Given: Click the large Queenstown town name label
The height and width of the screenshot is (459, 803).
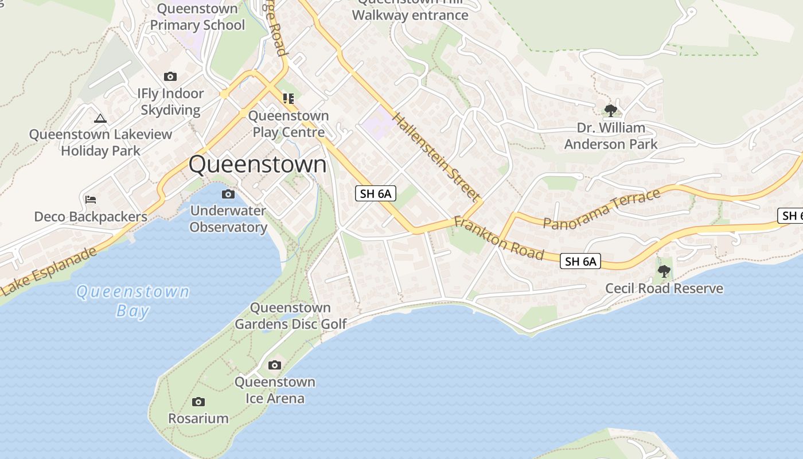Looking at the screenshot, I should tap(258, 165).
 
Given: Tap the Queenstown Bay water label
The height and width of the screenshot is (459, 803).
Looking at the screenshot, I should tap(132, 301).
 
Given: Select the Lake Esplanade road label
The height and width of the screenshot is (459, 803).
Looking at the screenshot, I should tap(48, 272).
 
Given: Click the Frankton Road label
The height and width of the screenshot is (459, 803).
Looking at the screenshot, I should tap(498, 238).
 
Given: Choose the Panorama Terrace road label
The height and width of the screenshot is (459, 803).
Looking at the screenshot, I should tap(602, 209).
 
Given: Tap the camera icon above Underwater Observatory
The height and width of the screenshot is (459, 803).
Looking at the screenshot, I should tap(228, 194).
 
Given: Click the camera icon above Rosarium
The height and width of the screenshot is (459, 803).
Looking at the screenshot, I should tap(198, 402).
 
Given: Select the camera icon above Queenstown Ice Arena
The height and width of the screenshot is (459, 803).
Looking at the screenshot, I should tap(275, 365).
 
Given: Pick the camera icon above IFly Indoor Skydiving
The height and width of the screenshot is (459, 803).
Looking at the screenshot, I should tap(170, 76).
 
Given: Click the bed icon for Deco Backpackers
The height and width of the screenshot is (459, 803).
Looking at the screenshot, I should tap(91, 200).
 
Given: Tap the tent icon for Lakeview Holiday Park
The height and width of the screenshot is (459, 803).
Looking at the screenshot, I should tap(100, 118).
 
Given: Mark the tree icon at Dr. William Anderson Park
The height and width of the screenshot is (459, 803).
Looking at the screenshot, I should tap(611, 110).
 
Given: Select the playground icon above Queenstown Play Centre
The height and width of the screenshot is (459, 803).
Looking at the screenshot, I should tap(288, 99).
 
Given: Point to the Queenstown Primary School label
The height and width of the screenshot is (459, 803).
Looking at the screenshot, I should tap(197, 17).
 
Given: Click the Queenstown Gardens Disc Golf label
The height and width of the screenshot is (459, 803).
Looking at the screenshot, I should tap(291, 316).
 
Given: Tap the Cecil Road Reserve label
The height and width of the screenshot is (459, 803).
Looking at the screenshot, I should tap(664, 288).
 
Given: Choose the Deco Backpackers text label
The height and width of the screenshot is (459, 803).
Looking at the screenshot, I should tap(91, 217).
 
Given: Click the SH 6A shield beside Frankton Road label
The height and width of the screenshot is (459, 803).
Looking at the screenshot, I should tap(581, 262).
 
